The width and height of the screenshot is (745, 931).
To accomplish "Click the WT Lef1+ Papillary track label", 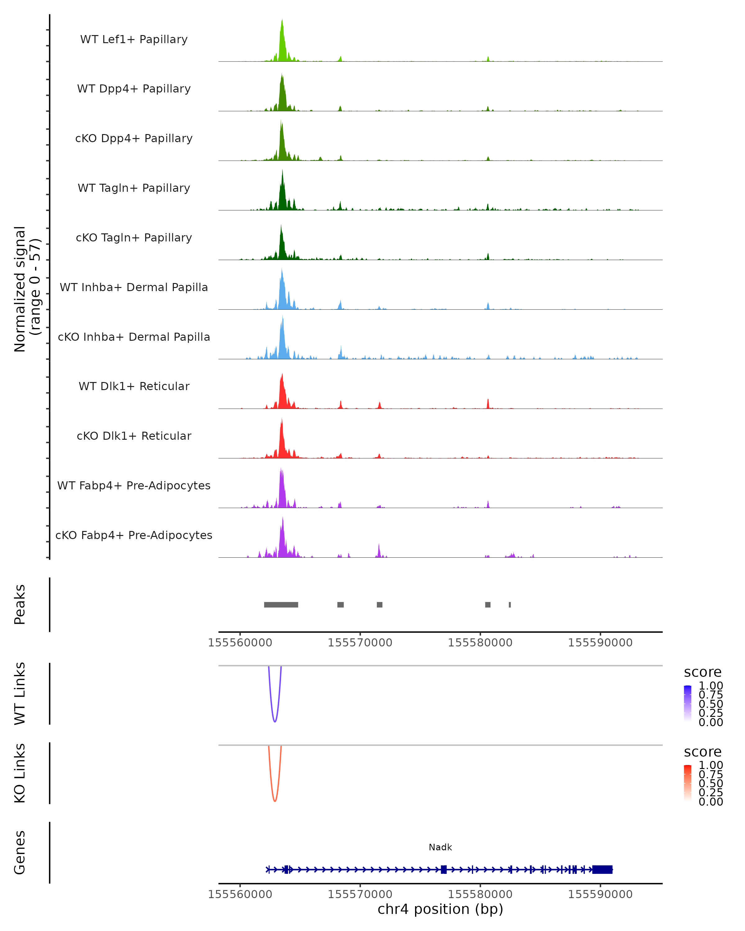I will point(134,39).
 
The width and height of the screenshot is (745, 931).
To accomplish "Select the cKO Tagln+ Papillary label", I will point(134,237).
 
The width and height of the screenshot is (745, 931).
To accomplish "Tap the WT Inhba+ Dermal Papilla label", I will point(134,287).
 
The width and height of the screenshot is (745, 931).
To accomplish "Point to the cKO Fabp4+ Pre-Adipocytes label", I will point(134,535).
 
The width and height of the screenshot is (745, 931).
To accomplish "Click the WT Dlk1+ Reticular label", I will point(134,386).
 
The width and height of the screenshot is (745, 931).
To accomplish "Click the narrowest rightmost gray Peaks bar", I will point(510,605).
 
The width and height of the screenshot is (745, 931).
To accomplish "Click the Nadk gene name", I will point(440,847).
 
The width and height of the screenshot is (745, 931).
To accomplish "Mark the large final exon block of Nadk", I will point(602,869).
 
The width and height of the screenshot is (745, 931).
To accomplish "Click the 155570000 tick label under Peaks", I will point(360,643).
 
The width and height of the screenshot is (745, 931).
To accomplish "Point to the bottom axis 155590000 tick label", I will point(600,894).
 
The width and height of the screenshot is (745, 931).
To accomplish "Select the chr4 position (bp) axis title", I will point(440,909).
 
